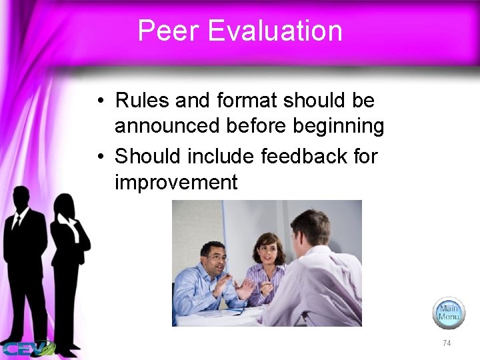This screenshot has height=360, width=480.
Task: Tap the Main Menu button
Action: [x=448, y=313]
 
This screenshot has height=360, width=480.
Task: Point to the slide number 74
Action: [x=447, y=343]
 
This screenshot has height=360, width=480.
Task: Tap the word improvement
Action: [x=176, y=182]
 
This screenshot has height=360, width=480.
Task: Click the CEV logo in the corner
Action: [x=27, y=348]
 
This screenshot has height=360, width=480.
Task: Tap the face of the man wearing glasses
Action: [x=215, y=257]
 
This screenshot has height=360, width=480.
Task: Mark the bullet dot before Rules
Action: [x=99, y=102]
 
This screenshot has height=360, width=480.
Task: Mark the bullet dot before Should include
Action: [x=99, y=157]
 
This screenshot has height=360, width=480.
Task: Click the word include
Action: [x=223, y=157]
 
